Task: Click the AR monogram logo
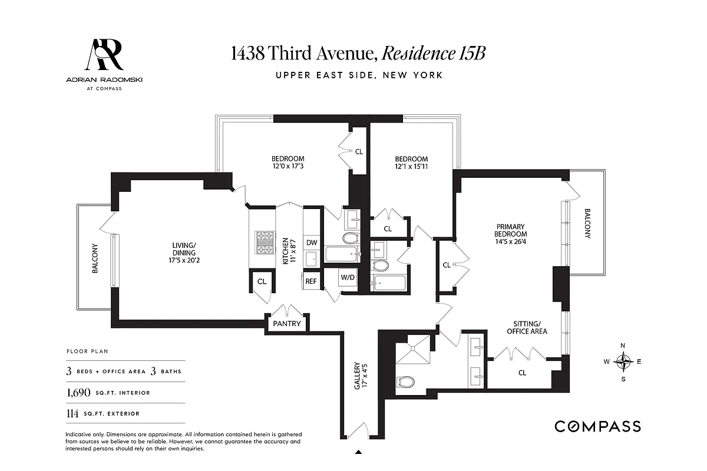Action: pyautogui.click(x=106, y=55)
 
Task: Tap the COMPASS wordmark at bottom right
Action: pyautogui.click(x=597, y=427)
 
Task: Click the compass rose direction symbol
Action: pyautogui.click(x=623, y=361)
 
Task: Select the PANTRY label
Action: pyautogui.click(x=286, y=324)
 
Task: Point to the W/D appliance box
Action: pyautogui.click(x=347, y=278)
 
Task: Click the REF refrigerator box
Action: pyautogui.click(x=311, y=281)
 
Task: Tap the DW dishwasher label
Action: pyautogui.click(x=311, y=243)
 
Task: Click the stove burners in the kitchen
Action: pyautogui.click(x=265, y=242)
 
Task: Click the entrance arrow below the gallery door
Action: pyautogui.click(x=358, y=452)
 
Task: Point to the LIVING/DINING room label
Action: pyautogui.click(x=184, y=254)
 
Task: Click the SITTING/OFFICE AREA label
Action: pyautogui.click(x=527, y=327)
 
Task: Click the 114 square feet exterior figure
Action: pyautogui.click(x=72, y=413)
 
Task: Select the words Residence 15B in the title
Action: pyautogui.click(x=434, y=54)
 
